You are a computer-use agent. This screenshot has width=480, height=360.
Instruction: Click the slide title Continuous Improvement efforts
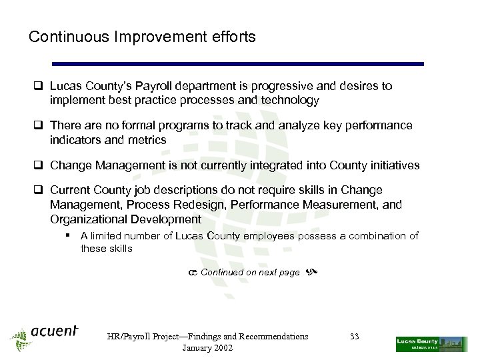142,37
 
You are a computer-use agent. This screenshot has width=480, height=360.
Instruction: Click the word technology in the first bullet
288,101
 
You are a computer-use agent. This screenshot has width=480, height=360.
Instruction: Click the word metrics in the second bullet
151,139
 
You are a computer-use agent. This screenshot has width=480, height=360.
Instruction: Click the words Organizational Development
125,219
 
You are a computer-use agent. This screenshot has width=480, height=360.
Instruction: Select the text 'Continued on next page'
250,272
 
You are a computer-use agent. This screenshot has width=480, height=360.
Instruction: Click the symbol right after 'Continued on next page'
310,272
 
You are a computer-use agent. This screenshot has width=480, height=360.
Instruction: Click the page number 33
354,337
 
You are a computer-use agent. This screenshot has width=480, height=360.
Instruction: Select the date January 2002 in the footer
207,349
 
